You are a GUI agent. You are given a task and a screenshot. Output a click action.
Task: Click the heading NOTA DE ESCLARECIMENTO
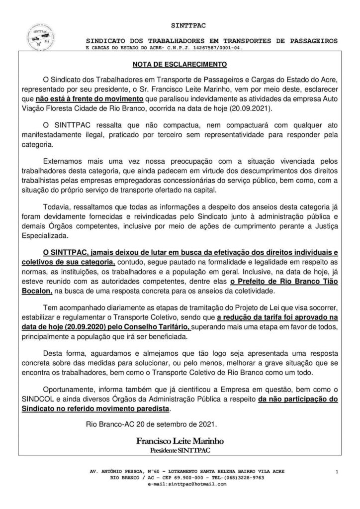click(180, 65)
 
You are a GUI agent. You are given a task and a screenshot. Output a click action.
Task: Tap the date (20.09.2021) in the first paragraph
click(266, 106)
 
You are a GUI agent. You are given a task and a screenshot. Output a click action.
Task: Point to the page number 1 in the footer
click(337, 471)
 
